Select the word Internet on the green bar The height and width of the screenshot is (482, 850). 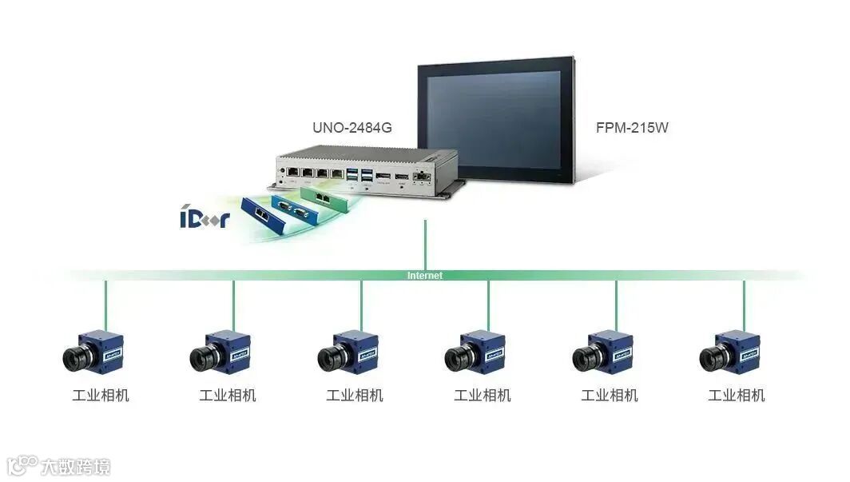click(x=424, y=276)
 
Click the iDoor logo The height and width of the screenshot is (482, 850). click(x=205, y=217)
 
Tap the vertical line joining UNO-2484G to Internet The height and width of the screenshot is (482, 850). click(x=425, y=244)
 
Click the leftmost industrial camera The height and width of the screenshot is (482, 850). click(x=93, y=351)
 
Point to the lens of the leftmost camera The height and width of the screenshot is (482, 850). click(x=76, y=358)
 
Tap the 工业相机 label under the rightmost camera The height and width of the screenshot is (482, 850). click(x=736, y=395)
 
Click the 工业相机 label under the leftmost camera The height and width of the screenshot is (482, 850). click(x=100, y=395)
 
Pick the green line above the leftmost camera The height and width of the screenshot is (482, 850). click(x=106, y=304)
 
